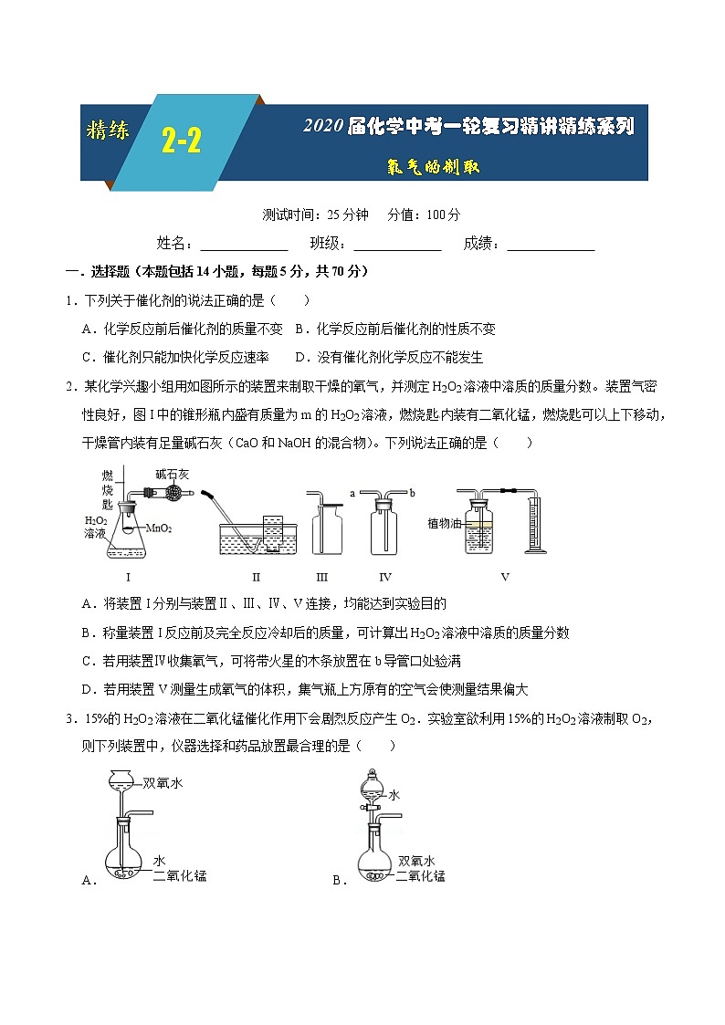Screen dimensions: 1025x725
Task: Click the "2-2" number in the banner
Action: [x=182, y=141]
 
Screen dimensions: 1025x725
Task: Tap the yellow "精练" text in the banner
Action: [x=108, y=130]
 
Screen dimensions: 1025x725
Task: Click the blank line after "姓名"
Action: [x=244, y=244]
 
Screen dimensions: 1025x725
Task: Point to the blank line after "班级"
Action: [x=397, y=244]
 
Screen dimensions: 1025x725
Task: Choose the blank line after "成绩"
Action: [x=551, y=244]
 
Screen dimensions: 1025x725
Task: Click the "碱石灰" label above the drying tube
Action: [x=171, y=474]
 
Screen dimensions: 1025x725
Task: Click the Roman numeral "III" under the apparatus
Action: [x=321, y=577]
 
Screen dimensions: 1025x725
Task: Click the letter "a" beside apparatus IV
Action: [x=352, y=493]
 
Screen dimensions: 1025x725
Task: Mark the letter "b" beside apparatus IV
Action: [x=412, y=493]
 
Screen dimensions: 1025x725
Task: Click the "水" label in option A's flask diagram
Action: [x=159, y=861]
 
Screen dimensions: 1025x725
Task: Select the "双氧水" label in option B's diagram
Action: [x=416, y=861]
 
